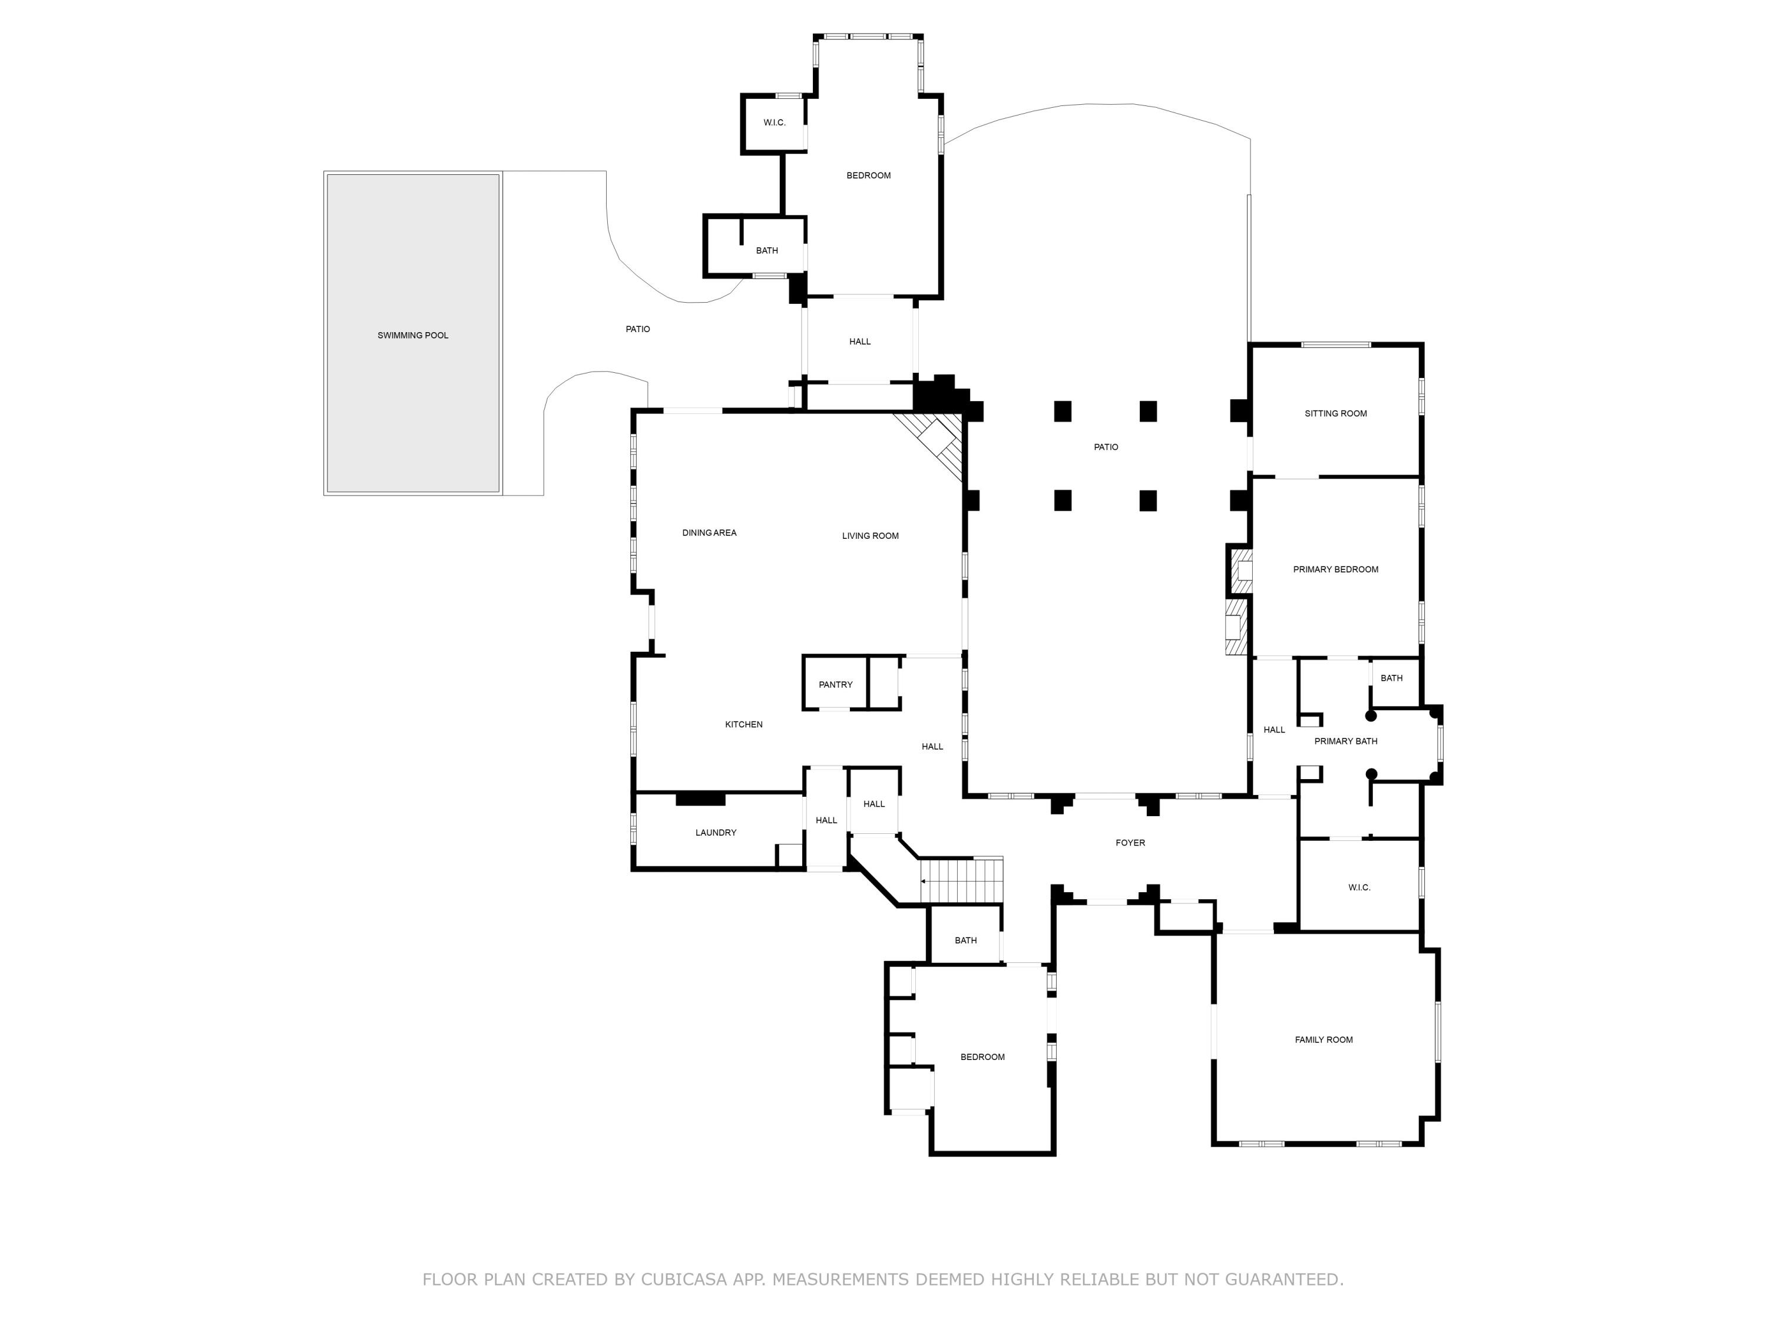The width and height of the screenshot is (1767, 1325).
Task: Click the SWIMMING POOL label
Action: [413, 336]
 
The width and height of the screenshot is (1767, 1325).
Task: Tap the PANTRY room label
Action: [836, 684]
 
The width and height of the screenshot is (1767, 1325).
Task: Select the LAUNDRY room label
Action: [716, 832]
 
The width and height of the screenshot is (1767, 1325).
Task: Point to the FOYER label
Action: [1130, 843]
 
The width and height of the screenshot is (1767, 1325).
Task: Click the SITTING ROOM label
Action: [1336, 414]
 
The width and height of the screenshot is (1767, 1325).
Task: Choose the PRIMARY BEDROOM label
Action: [1336, 569]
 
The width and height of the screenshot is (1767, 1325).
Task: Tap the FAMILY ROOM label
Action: [1323, 1040]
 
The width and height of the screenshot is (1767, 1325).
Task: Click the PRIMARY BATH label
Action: [1346, 741]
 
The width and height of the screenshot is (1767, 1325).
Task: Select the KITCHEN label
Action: [744, 724]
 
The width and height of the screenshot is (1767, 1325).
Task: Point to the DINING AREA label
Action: [709, 533]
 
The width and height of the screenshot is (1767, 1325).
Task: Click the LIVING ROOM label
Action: [871, 536]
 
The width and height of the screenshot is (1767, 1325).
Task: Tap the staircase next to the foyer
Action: [962, 880]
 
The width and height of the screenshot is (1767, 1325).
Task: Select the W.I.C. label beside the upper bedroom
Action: [774, 122]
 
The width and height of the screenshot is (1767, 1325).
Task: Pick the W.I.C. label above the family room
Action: [1359, 887]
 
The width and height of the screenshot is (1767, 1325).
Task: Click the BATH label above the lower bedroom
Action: [966, 940]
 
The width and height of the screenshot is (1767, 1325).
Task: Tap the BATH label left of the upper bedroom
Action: [767, 251]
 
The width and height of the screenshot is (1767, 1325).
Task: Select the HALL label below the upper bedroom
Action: [859, 342]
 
